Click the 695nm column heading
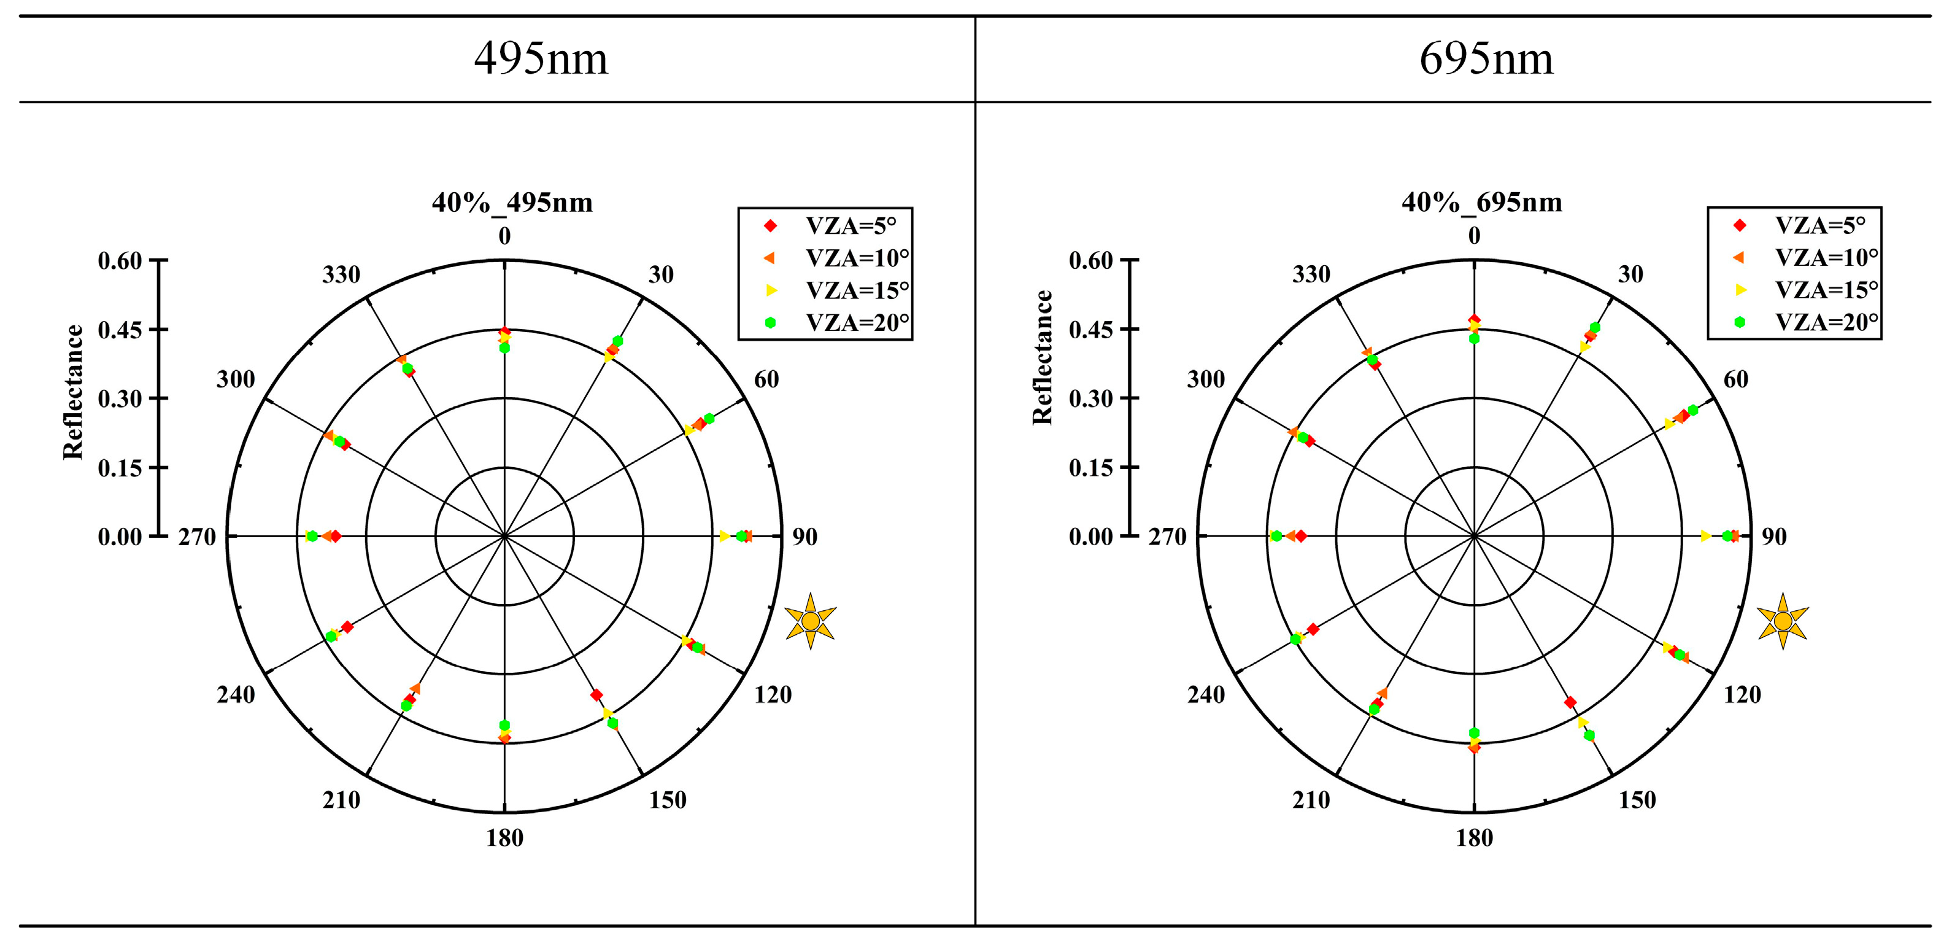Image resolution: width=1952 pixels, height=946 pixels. (x=1486, y=58)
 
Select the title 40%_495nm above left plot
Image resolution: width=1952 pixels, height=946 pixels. (x=512, y=203)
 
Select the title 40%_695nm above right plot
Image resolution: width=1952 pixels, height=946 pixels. (x=1481, y=203)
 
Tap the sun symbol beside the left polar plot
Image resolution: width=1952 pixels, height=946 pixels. (x=810, y=621)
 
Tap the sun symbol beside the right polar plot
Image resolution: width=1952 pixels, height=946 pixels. (x=1782, y=621)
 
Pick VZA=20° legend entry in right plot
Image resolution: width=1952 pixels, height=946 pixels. (x=1826, y=322)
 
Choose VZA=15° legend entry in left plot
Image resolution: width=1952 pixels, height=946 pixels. (x=856, y=290)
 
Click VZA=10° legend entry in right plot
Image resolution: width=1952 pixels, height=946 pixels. (x=1826, y=258)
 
